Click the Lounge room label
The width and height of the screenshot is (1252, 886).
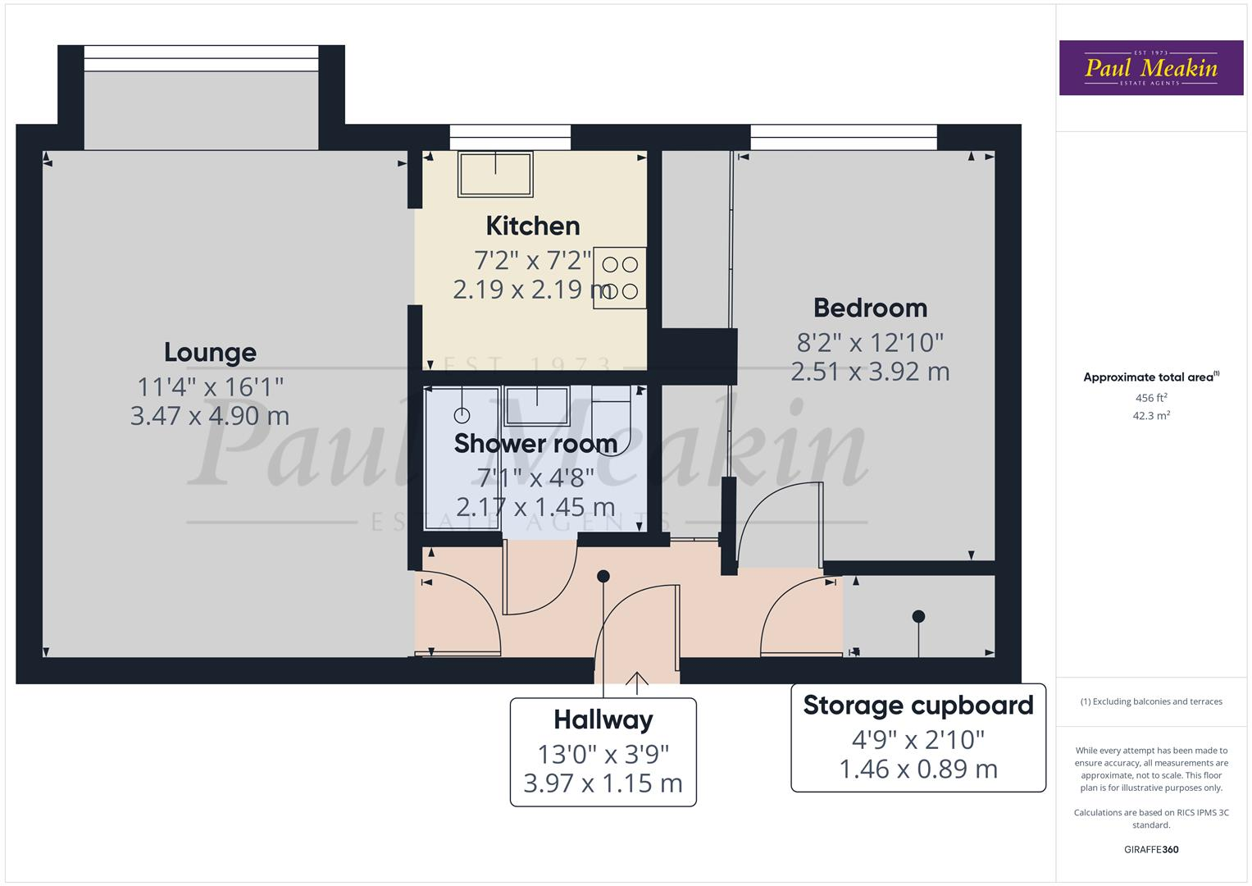click(x=210, y=352)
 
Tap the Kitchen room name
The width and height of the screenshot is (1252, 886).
click(x=532, y=226)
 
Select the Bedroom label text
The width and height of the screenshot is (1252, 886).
click(x=870, y=308)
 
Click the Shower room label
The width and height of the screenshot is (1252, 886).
click(x=535, y=443)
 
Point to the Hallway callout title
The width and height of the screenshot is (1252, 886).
click(x=603, y=719)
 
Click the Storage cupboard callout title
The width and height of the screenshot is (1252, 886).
click(x=917, y=705)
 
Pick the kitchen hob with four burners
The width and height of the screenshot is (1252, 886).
click(x=620, y=277)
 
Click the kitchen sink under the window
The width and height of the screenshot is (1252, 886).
click(x=495, y=174)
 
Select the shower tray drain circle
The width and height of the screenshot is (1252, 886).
click(x=462, y=415)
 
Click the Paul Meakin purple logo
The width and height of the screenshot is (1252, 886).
click(x=1150, y=68)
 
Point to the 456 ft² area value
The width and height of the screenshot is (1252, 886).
click(x=1151, y=398)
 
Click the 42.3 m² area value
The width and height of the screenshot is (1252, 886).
click(x=1151, y=416)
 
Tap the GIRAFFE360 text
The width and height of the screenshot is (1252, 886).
click(x=1150, y=849)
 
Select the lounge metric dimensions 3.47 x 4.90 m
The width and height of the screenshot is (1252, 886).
click(x=210, y=416)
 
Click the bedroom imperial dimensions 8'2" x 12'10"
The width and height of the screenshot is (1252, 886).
click(x=870, y=341)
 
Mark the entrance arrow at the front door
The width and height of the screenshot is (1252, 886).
click(x=637, y=678)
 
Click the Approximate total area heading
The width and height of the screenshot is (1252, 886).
click(x=1150, y=377)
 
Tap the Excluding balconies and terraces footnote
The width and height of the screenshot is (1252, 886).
click(x=1150, y=701)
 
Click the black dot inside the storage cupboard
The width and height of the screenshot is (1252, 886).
click(x=918, y=616)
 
